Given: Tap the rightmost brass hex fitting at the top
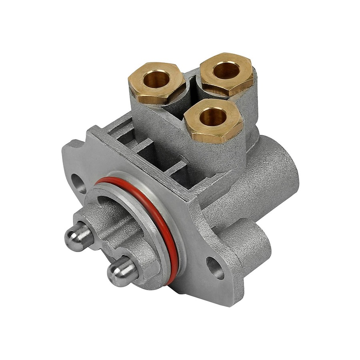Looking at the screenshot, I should [227, 74].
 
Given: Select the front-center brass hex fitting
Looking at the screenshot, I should [213, 120].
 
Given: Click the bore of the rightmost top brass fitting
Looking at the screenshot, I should [226, 70].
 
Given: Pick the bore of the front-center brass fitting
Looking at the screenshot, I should [212, 116].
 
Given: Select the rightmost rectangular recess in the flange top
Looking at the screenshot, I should [178, 168].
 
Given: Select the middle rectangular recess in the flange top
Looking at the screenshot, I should [148, 150].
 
